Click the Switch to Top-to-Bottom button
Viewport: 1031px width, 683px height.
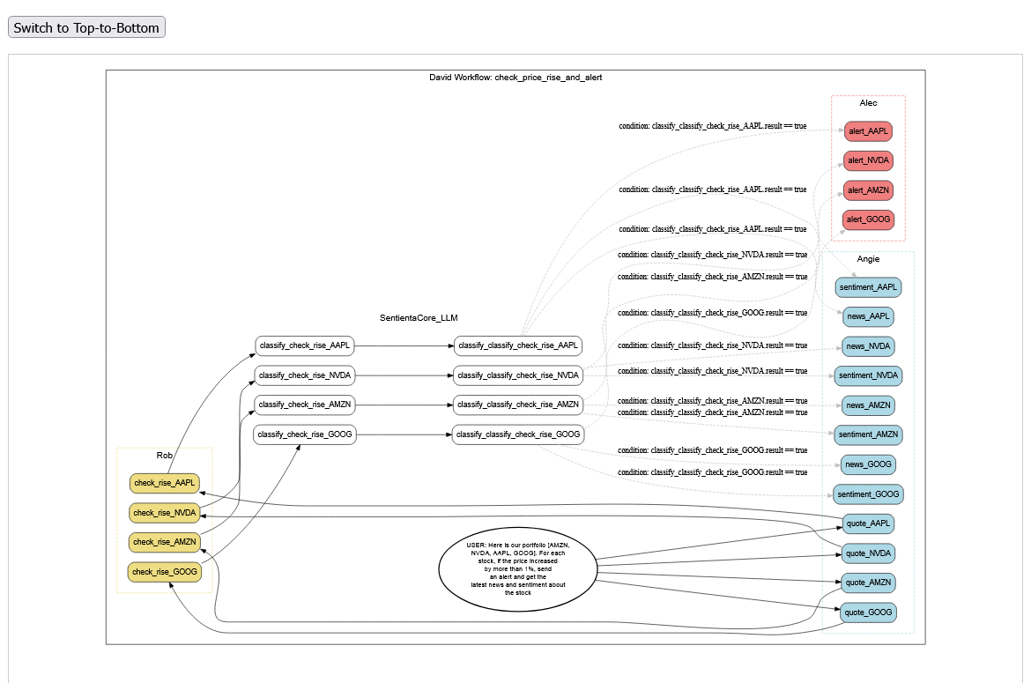click(86, 27)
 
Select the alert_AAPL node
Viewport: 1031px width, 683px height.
click(868, 131)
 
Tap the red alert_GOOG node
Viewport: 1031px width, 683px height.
click(868, 219)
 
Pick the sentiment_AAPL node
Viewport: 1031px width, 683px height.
click(868, 287)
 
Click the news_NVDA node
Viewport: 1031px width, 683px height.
click(868, 345)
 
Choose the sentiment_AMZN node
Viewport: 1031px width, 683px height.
click(868, 434)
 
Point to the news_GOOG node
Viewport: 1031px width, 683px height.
click(868, 464)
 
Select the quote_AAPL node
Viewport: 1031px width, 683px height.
click(868, 523)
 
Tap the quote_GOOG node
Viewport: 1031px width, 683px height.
click(868, 612)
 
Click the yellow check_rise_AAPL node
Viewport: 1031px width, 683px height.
click(164, 483)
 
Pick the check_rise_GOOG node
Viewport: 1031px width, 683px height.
click(164, 572)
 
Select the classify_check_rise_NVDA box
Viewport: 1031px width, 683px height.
click(305, 375)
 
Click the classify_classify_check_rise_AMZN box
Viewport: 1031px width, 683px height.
click(518, 405)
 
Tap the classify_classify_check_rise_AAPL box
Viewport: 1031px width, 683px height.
click(518, 345)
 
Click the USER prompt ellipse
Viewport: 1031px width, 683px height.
click(517, 568)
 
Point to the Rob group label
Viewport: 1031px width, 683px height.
click(165, 456)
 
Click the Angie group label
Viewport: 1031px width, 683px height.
click(868, 259)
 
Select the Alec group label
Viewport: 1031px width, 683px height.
click(868, 103)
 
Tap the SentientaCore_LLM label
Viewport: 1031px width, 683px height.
click(419, 317)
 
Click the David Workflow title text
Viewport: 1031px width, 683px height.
click(515, 78)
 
